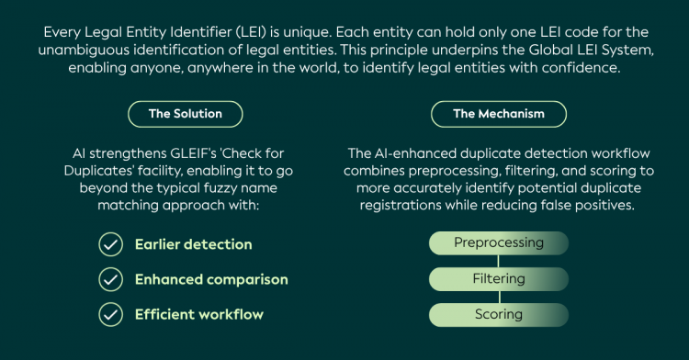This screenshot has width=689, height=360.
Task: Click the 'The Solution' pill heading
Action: [185, 114]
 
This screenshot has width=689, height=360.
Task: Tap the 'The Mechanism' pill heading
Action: [499, 114]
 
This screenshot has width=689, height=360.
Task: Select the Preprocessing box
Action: [499, 242]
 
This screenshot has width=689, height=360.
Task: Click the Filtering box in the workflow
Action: [499, 279]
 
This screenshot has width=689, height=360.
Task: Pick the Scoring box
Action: [499, 315]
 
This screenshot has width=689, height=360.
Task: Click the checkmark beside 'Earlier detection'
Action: [111, 244]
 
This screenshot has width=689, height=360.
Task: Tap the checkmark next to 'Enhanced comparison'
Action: [111, 280]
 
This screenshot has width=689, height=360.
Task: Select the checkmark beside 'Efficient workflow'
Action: [111, 314]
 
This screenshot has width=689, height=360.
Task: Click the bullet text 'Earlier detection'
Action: [193, 244]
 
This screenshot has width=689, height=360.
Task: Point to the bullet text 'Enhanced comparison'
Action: [211, 280]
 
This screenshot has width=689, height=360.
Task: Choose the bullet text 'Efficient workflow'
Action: [199, 314]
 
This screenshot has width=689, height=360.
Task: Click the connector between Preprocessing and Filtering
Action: [498, 261]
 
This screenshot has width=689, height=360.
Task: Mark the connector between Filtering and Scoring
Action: [499, 298]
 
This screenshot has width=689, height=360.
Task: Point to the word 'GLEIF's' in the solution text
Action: [193, 153]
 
